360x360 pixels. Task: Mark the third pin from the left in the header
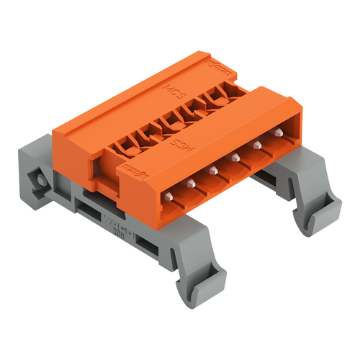(212, 170)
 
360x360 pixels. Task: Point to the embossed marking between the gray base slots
(118, 225)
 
